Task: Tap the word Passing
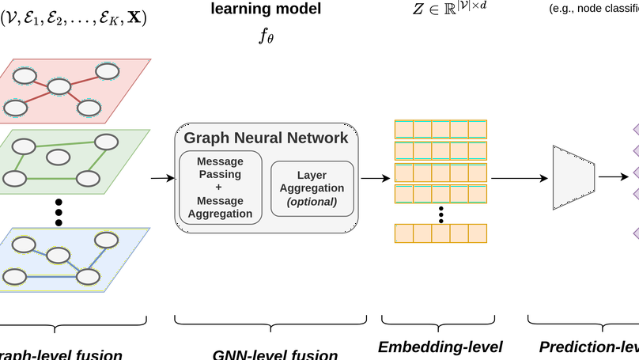point(219,173)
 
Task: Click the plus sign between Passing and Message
point(219,187)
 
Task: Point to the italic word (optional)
point(311,202)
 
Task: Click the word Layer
point(311,175)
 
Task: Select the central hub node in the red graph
point(59,86)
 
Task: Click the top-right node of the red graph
point(108,71)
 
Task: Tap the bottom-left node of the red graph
point(15,108)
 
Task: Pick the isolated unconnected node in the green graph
point(58,157)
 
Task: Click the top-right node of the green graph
point(106,142)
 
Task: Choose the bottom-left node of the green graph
point(13,178)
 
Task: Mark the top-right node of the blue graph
point(106,239)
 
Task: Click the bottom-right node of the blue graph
point(88,277)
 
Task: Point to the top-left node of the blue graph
point(24,244)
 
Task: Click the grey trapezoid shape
point(573,178)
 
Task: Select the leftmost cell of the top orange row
point(403,129)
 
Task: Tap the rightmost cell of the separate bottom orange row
point(478,233)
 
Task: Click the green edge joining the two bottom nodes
point(51,179)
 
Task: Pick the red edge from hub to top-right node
point(84,79)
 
